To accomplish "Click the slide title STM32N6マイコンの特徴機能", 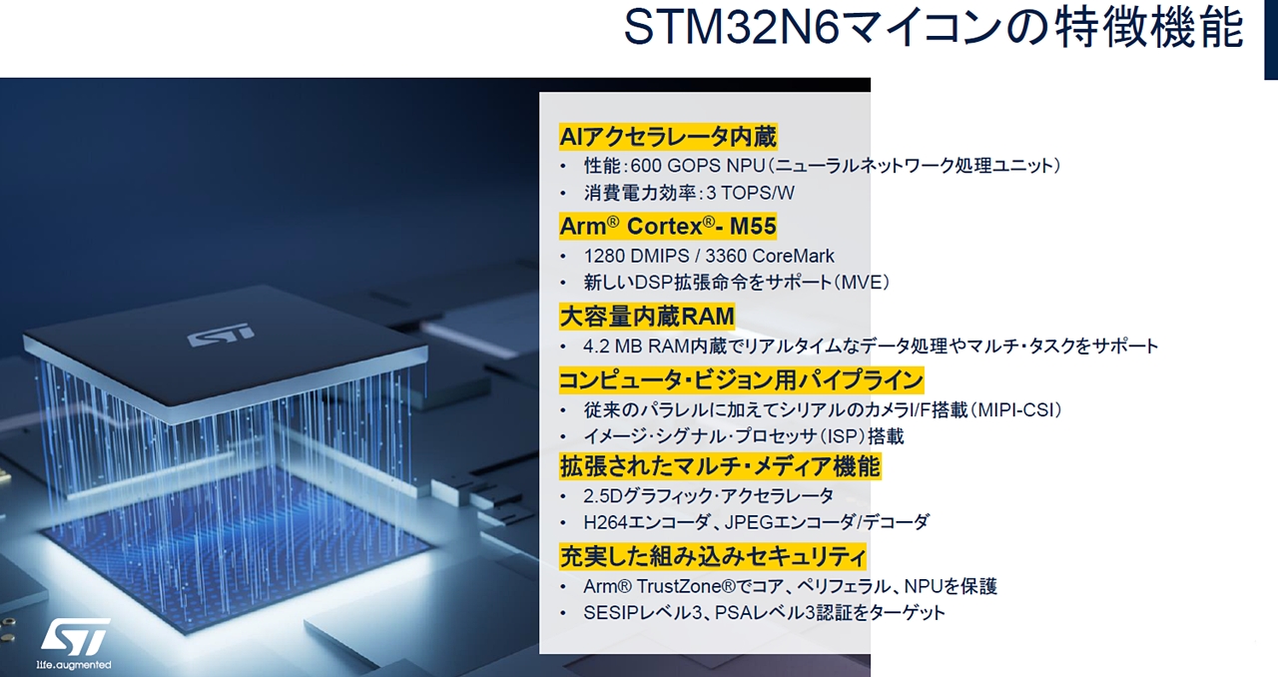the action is tap(934, 27).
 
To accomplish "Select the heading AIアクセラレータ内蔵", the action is tap(668, 137).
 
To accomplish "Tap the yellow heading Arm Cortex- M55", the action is tap(668, 226).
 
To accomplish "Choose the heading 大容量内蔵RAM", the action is tap(647, 317).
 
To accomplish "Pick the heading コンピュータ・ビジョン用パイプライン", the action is tap(741, 380).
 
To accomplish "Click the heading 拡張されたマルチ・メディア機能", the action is tap(720, 466).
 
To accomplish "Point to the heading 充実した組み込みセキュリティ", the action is tap(713, 556).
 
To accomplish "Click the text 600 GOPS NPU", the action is tap(698, 166).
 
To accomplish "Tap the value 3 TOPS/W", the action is tap(750, 193).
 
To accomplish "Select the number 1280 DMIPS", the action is tap(636, 256).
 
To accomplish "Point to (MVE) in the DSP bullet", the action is tap(862, 282).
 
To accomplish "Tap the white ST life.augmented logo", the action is tap(74, 643).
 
